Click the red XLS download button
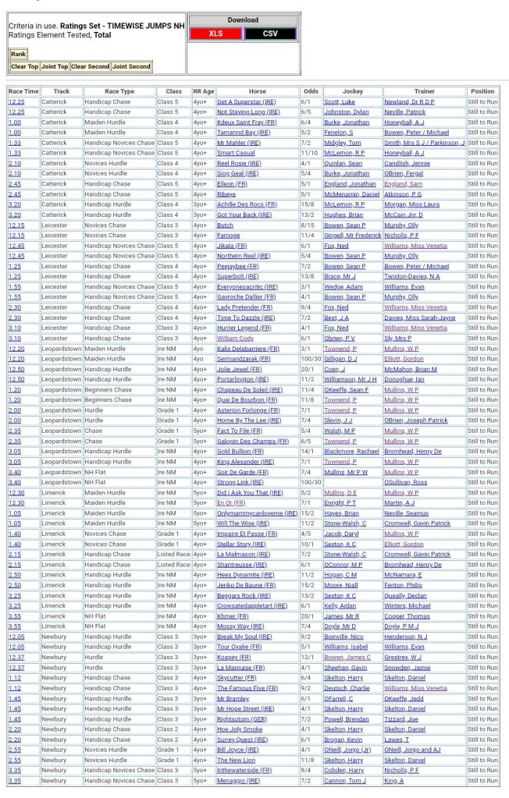point(215,34)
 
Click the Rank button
point(18,54)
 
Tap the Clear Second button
point(90,66)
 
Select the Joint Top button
point(54,66)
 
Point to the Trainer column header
point(424,91)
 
